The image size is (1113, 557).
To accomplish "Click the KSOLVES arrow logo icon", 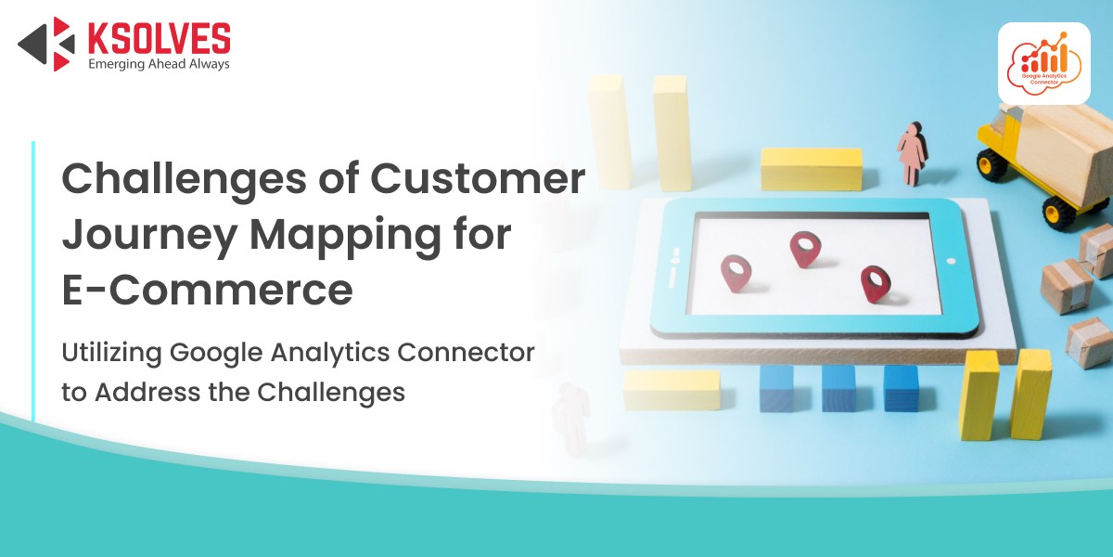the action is (47, 44).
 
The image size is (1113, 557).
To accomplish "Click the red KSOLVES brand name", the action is (159, 38).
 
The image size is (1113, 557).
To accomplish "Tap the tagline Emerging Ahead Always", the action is (159, 64).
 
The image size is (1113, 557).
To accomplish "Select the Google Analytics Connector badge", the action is (1044, 63).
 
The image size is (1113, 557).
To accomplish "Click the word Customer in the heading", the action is (478, 178).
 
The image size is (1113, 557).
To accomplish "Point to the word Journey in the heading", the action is (149, 235).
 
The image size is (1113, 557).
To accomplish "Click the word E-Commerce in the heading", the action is (207, 290).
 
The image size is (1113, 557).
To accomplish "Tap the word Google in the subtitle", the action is (216, 354).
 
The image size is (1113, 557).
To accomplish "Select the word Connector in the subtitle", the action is (466, 352).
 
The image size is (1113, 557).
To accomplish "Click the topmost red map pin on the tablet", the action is (805, 249).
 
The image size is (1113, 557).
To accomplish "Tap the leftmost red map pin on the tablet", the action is (736, 273).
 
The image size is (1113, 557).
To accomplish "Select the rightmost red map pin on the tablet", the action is (876, 284).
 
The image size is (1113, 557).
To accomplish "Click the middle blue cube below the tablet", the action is (838, 388).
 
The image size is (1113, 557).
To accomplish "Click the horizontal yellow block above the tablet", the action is (812, 169).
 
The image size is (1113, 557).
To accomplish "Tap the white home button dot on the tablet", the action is (951, 261).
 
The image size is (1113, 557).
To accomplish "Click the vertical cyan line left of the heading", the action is (33, 281).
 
